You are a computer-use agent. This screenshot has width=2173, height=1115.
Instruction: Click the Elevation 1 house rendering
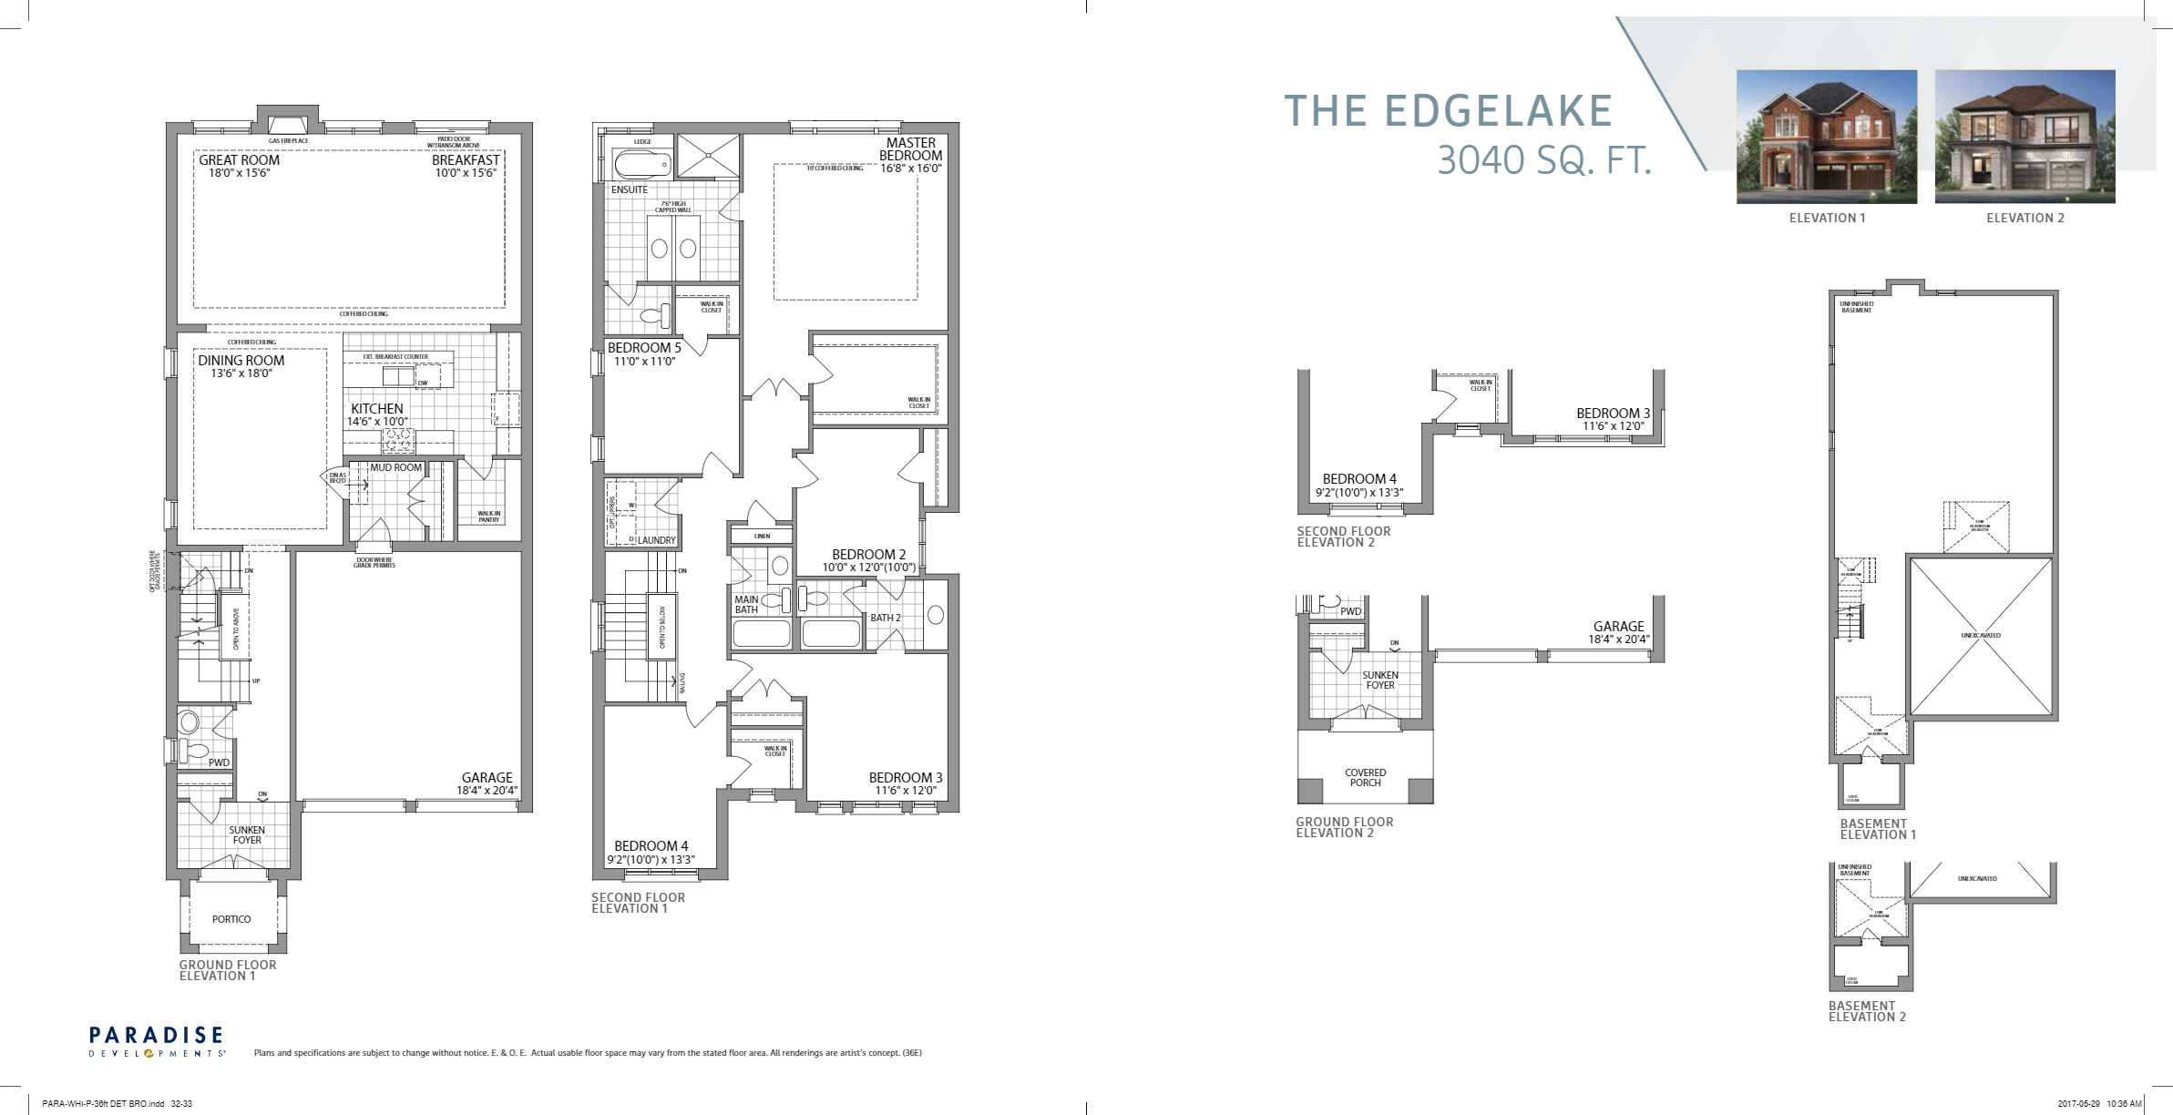pyautogui.click(x=1826, y=137)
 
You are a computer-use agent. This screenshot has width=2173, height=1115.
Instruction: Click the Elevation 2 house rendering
pyautogui.click(x=2024, y=137)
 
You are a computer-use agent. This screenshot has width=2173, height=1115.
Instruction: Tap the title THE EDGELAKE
pyautogui.click(x=1449, y=112)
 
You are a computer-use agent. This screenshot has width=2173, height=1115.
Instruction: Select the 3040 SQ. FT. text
pyautogui.click(x=1543, y=161)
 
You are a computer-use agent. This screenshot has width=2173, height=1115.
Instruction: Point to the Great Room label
pyautogui.click(x=240, y=159)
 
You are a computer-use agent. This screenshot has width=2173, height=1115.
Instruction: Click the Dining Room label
pyautogui.click(x=241, y=360)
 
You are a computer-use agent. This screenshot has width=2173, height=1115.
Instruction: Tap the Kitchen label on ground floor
pyautogui.click(x=377, y=409)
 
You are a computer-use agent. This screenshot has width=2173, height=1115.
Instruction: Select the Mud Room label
pyautogui.click(x=396, y=467)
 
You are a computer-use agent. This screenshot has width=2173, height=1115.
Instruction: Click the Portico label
pyautogui.click(x=231, y=919)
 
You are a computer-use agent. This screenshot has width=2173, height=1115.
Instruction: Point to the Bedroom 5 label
pyautogui.click(x=644, y=348)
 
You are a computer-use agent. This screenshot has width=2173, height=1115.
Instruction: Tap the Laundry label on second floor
pyautogui.click(x=656, y=540)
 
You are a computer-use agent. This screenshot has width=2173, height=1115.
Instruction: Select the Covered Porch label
pyautogui.click(x=1365, y=777)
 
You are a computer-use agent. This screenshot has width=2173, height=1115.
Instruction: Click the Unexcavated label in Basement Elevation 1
pyautogui.click(x=1981, y=635)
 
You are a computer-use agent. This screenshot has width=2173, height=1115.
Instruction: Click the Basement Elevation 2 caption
pyautogui.click(x=1867, y=1011)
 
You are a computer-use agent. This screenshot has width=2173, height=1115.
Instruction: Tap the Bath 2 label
pyautogui.click(x=885, y=618)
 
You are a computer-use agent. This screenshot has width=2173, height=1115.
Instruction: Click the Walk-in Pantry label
pyautogui.click(x=489, y=517)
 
